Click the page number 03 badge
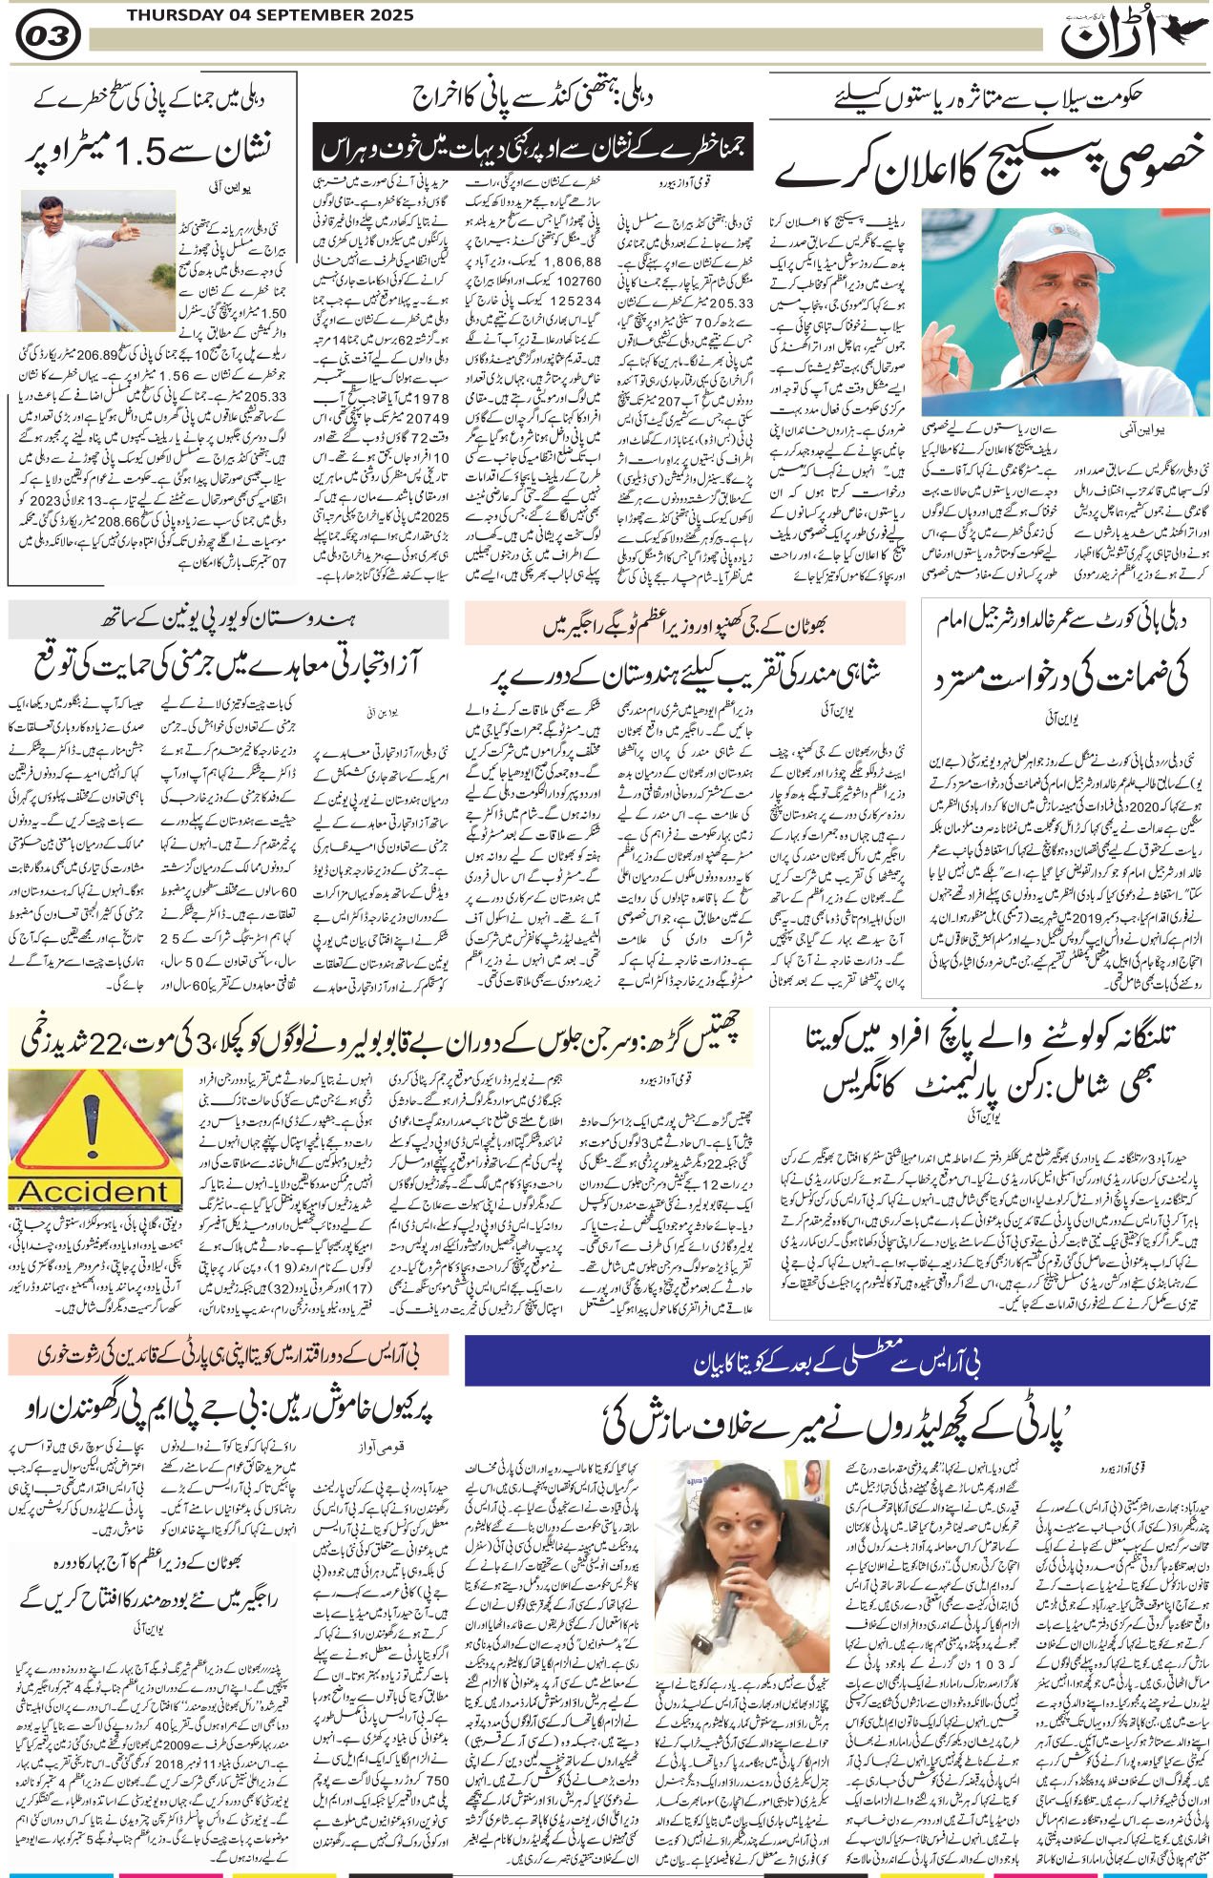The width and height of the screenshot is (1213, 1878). coord(48,37)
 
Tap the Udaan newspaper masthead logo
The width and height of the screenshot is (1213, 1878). coord(1130,37)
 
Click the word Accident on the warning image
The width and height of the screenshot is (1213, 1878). coord(92,1192)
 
